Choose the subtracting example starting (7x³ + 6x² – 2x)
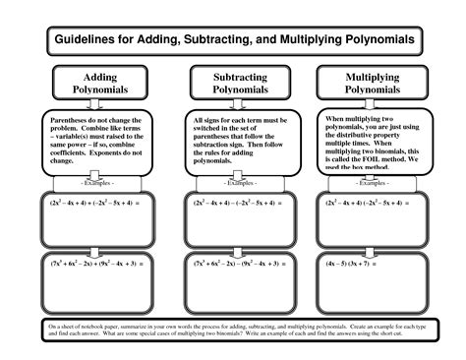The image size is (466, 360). [x=229, y=264]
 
